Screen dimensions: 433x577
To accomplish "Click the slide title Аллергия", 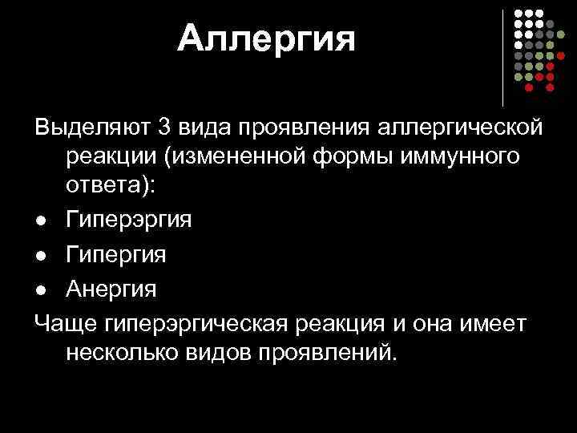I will pyautogui.click(x=266, y=38).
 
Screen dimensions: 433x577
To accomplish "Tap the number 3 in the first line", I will pyautogui.click(x=165, y=127).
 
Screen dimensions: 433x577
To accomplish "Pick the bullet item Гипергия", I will pyautogui.click(x=117, y=255).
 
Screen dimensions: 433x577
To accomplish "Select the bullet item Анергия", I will pyautogui.click(x=111, y=287).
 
